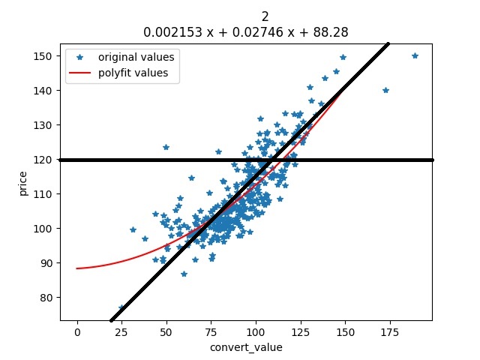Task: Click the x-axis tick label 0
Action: click(x=76, y=331)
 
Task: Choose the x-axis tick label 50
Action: click(x=166, y=331)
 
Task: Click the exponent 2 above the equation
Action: click(x=265, y=16)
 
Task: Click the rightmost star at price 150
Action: click(x=415, y=56)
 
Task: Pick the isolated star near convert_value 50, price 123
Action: click(x=166, y=147)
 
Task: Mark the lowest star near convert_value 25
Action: click(x=121, y=308)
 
